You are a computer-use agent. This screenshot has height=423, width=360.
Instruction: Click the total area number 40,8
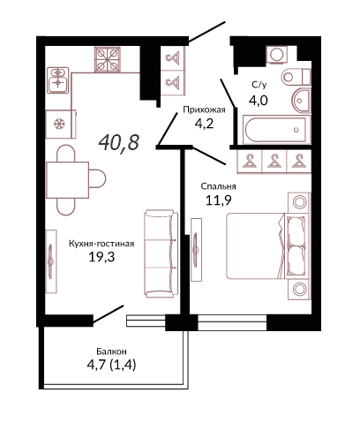coord(119,142)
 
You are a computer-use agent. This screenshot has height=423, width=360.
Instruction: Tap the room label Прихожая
coord(204,110)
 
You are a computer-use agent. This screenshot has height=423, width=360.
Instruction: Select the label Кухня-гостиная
coord(101,244)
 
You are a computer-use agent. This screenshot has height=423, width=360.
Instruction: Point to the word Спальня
coord(218,186)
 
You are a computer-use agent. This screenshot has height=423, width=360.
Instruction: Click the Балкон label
coord(112,351)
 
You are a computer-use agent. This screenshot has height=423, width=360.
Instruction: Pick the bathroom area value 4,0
coord(259,101)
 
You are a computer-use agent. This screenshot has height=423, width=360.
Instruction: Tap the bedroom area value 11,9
coord(219,200)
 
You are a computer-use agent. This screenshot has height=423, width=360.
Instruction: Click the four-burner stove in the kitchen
coord(108,59)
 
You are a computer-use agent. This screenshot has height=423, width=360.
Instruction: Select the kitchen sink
coord(58,80)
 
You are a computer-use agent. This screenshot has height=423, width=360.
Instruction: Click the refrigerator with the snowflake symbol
coord(61,124)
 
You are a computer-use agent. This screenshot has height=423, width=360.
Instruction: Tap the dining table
coord(68,180)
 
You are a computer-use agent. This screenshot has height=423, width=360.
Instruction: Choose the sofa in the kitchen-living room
coord(161,253)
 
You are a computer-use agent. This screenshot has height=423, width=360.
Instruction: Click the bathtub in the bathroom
coord(276,130)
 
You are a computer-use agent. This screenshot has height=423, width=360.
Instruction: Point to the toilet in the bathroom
coord(296,77)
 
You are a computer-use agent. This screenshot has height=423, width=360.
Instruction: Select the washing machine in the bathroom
coord(276,55)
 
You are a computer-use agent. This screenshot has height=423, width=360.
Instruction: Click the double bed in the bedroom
coord(268,246)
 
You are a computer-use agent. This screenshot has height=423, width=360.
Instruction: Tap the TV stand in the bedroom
coord(196,250)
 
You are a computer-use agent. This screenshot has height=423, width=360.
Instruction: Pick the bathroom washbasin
coord(301,101)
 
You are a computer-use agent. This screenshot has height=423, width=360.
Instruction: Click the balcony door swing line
coord(108,315)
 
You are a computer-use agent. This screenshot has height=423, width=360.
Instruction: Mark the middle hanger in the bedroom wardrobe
coord(274,162)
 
